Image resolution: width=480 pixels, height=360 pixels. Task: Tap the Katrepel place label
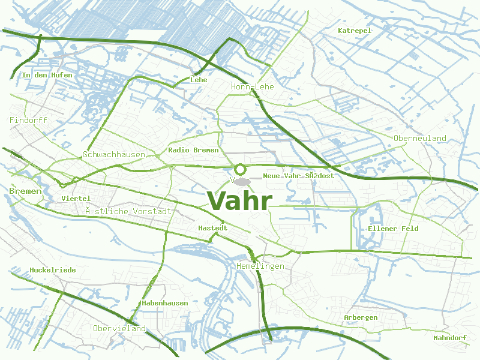click(355, 31)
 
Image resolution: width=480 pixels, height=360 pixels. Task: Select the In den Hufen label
click(47, 75)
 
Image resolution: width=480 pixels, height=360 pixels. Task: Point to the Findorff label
click(28, 120)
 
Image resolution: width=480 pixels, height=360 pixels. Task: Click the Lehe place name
click(199, 80)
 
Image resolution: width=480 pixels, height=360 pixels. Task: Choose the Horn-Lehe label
click(252, 87)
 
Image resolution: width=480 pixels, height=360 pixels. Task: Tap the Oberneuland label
click(420, 139)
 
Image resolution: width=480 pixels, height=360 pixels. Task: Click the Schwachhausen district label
click(114, 155)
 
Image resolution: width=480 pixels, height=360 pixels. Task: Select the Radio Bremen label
click(193, 150)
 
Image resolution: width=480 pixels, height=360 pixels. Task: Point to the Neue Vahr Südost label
click(299, 176)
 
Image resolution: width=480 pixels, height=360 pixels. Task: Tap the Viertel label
click(76, 199)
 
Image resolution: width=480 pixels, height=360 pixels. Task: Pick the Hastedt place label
click(213, 228)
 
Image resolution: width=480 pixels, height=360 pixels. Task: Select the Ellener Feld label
click(393, 229)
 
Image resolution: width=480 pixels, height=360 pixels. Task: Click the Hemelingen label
click(260, 266)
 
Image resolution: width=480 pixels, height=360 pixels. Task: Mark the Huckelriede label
click(53, 270)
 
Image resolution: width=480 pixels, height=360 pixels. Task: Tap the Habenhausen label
click(165, 303)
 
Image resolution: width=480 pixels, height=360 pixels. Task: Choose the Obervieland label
click(119, 329)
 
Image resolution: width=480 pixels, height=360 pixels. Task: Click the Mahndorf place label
click(450, 338)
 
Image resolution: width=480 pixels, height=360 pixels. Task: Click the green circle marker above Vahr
click(240, 169)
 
